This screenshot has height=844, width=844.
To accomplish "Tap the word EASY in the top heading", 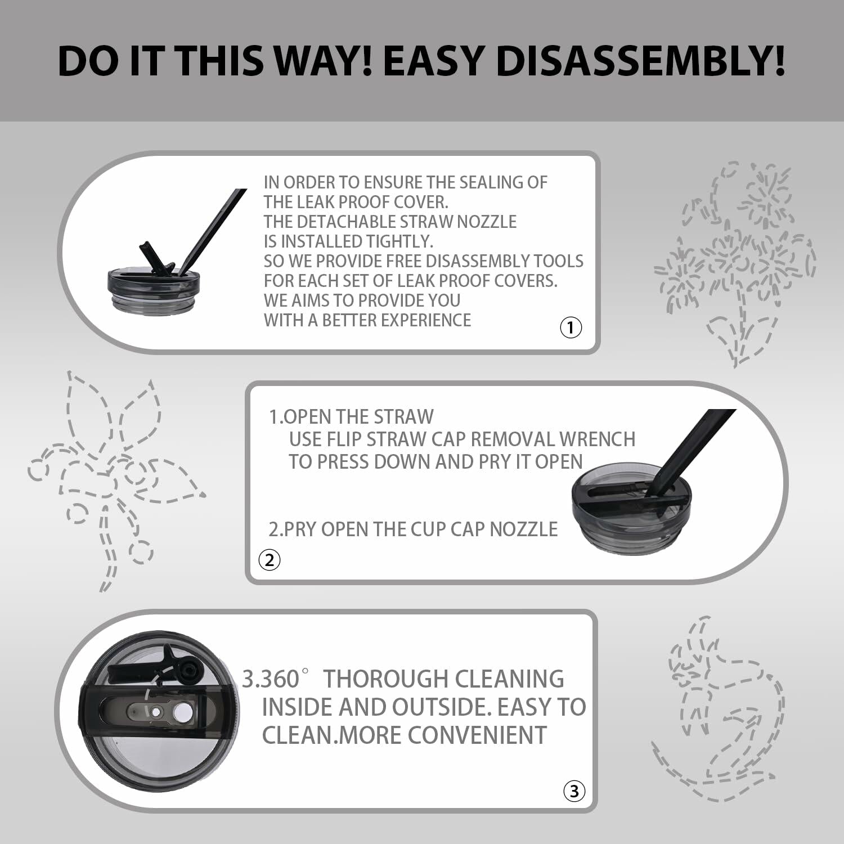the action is pyautogui.click(x=432, y=60).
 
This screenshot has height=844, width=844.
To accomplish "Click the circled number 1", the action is pyautogui.click(x=571, y=327).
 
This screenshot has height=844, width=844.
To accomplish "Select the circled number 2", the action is pyautogui.click(x=270, y=560).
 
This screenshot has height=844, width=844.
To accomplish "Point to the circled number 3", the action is pyautogui.click(x=574, y=791).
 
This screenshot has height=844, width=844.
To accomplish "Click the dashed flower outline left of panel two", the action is pyautogui.click(x=116, y=481).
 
